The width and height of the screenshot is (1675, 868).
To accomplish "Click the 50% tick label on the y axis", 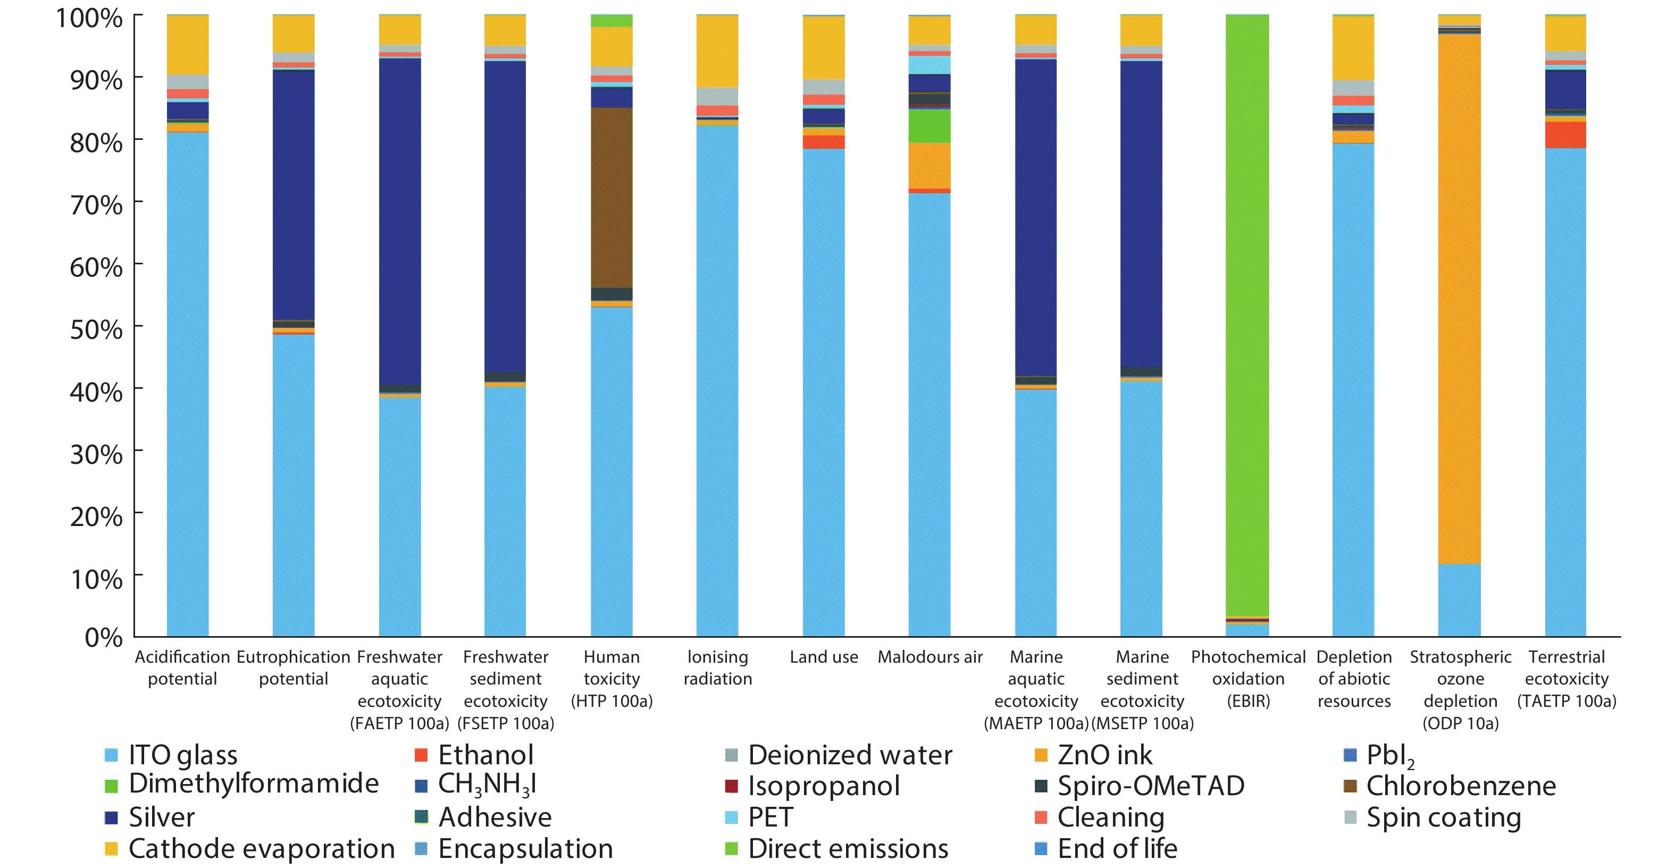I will click(x=96, y=330).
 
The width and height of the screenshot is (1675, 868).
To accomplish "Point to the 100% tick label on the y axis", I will click(x=89, y=18).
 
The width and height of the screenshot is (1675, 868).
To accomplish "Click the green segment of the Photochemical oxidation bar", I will click(x=1246, y=312).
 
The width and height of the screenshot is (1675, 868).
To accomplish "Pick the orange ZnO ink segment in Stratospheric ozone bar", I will click(x=1459, y=299).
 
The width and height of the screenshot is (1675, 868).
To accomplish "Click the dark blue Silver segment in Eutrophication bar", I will click(x=293, y=195).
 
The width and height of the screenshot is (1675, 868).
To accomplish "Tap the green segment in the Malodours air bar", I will click(x=929, y=126).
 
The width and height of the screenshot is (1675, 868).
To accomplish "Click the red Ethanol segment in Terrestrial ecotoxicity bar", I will click(x=1565, y=135).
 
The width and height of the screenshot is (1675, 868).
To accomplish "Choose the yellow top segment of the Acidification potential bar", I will click(x=187, y=45).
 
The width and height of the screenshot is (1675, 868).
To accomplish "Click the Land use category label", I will click(x=823, y=657).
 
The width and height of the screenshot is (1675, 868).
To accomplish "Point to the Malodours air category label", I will click(x=930, y=657).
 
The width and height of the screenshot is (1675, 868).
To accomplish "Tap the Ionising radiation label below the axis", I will click(x=717, y=667).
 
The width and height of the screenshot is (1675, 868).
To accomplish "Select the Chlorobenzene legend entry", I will click(x=1460, y=786).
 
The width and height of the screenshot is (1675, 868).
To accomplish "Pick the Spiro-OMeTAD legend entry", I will click(x=1150, y=786).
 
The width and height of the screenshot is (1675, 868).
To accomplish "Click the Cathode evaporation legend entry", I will click(x=261, y=848).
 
